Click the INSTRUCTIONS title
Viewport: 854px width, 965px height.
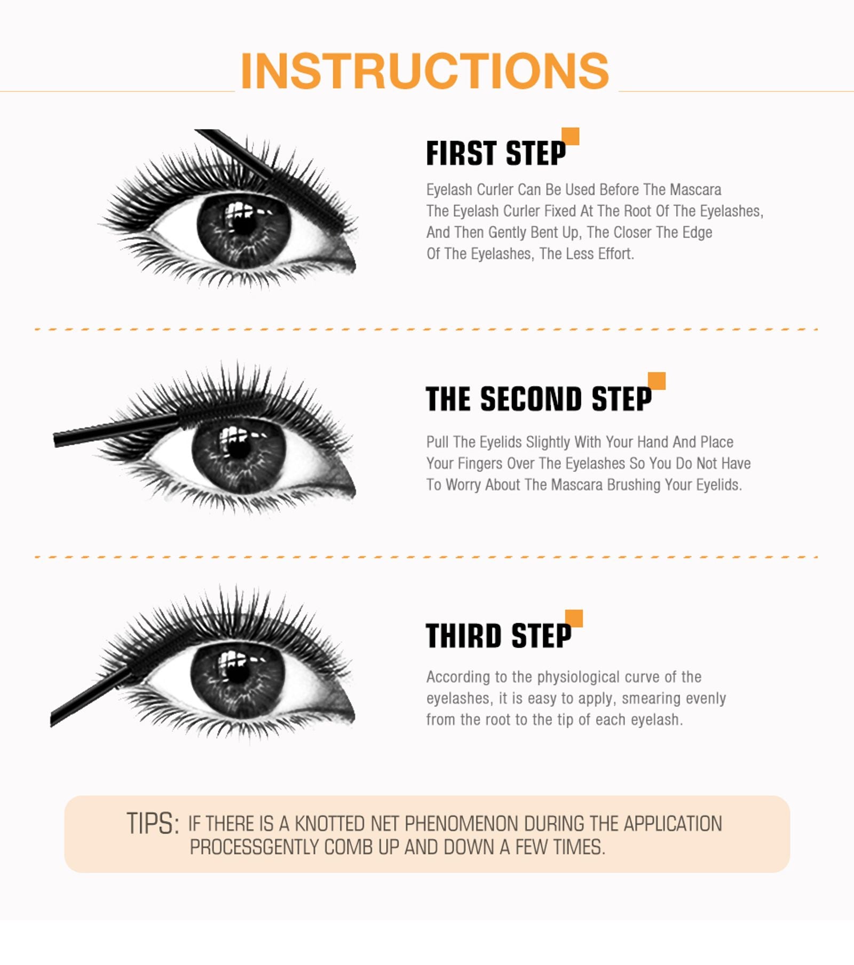pyautogui.click(x=425, y=71)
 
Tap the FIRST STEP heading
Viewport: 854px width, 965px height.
pyautogui.click(x=495, y=154)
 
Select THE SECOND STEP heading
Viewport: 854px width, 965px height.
pyautogui.click(x=538, y=399)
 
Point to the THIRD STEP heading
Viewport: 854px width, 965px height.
pyautogui.click(x=499, y=636)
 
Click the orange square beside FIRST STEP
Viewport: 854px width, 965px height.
pyautogui.click(x=571, y=137)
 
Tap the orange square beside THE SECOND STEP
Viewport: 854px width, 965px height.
pyautogui.click(x=657, y=381)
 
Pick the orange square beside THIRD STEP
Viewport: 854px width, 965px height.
pyautogui.click(x=574, y=619)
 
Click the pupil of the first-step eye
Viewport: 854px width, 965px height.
pyautogui.click(x=244, y=224)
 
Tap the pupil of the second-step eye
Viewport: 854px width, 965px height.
pyautogui.click(x=239, y=448)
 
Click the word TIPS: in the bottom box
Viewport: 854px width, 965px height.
pyautogui.click(x=153, y=824)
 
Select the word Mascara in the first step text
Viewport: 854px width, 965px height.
pyautogui.click(x=695, y=189)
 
